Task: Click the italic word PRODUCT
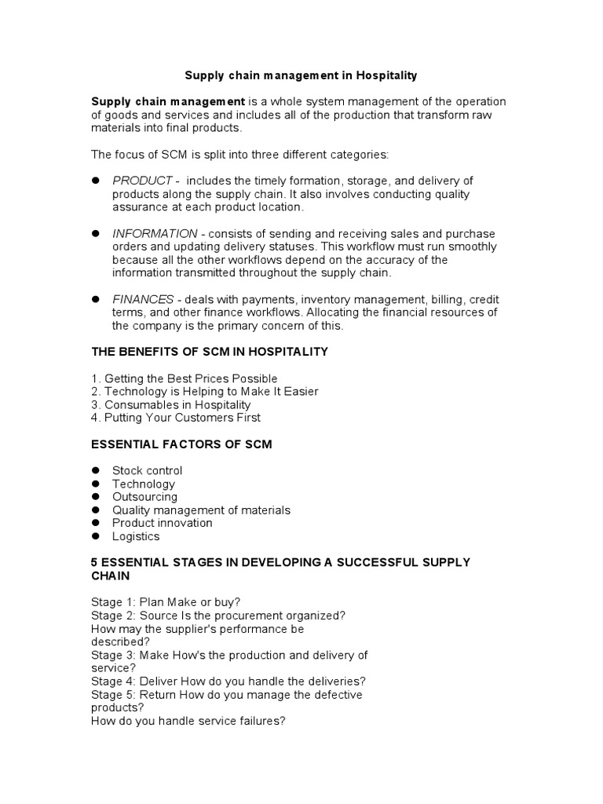tap(141, 181)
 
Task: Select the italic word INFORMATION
tap(155, 234)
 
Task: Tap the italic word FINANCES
tap(143, 300)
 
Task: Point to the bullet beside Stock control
tap(96, 470)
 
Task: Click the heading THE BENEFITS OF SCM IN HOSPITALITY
tap(210, 352)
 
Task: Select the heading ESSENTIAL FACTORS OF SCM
tap(181, 444)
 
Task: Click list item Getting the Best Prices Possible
tap(185, 378)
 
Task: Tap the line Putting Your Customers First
tap(176, 418)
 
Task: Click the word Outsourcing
tap(144, 497)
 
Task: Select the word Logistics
tap(135, 536)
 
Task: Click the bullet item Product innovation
tap(162, 523)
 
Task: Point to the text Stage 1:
tap(114, 602)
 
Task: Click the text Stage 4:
tap(114, 682)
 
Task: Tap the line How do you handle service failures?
tap(188, 721)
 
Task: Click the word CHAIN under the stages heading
tap(111, 576)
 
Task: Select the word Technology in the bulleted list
tap(143, 484)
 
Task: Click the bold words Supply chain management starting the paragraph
tap(168, 102)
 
